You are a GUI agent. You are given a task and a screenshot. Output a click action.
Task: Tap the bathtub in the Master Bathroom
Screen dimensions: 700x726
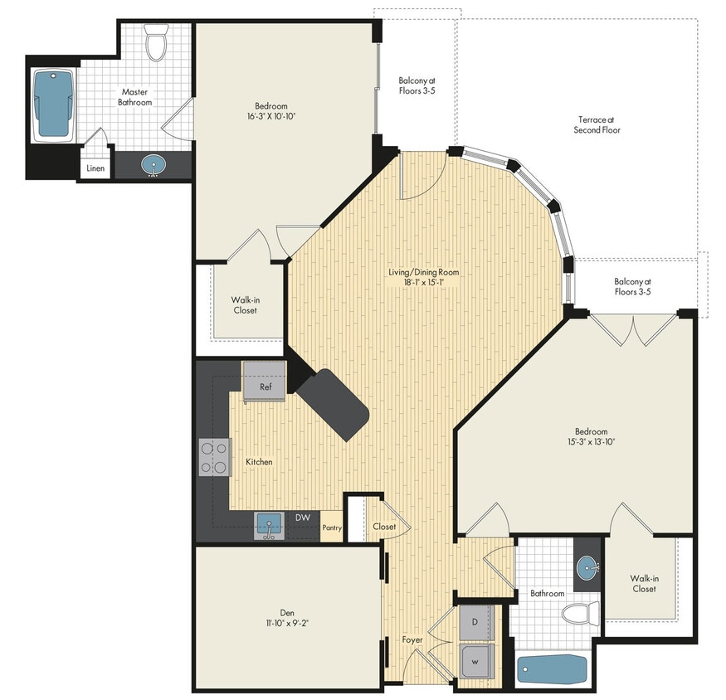54,105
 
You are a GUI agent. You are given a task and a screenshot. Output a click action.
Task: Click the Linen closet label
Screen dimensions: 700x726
95,168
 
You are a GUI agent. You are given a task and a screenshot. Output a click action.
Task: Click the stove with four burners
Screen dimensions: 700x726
214,457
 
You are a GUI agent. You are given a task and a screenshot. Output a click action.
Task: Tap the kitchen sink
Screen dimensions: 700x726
269,525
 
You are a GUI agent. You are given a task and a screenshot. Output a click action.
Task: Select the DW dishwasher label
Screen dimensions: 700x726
303,518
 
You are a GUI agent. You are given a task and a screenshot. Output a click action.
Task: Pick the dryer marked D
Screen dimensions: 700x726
475,621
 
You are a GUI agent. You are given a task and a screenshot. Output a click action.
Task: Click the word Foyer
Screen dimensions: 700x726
413,639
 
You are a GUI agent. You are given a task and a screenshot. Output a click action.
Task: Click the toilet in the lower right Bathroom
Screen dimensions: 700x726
579,615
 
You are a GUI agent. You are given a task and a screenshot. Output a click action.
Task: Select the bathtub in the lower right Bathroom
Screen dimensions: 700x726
552,668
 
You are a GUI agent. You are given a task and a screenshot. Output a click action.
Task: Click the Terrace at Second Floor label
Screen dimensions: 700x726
598,124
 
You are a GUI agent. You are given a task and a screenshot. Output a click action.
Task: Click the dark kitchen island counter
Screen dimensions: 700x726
333,404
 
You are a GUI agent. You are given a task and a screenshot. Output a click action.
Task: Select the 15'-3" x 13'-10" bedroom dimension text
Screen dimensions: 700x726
592,442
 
